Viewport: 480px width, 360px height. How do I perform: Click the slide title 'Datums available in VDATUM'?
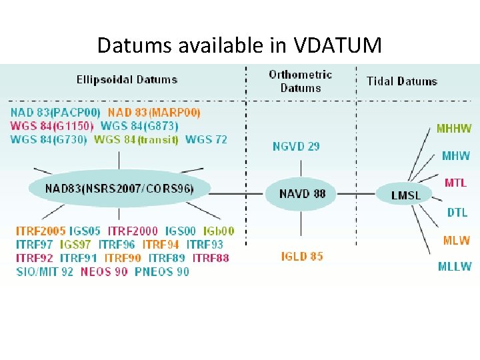coord(239,45)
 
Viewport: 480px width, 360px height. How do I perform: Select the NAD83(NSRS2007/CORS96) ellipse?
coord(120,189)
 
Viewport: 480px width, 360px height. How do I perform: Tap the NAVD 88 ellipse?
coord(303,193)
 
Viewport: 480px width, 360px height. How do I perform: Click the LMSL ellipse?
coord(405,195)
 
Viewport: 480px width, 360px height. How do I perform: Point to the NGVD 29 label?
coord(296,146)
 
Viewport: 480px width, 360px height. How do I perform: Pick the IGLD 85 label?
coord(302,256)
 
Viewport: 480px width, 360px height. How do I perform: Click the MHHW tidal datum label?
coord(454,129)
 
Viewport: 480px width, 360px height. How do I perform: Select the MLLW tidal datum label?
coord(455,267)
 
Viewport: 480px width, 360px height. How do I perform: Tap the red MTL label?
coord(455,182)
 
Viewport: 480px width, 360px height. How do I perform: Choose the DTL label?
coord(457,213)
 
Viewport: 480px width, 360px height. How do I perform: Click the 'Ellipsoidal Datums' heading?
coord(127,79)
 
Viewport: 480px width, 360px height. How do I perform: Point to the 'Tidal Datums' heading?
coord(402,81)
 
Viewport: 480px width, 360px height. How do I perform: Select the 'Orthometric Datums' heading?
coord(300,81)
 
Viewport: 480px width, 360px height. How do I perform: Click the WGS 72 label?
coord(206,139)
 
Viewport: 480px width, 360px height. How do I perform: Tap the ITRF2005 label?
coord(41,231)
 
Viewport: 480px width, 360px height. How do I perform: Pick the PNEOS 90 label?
coord(162,271)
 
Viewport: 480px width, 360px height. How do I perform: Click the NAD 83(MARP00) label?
coord(154,113)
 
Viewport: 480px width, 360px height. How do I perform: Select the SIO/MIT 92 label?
coord(45,271)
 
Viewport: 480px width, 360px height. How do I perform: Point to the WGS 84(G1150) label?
coord(52,126)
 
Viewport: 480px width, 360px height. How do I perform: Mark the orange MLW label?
coord(456,240)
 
